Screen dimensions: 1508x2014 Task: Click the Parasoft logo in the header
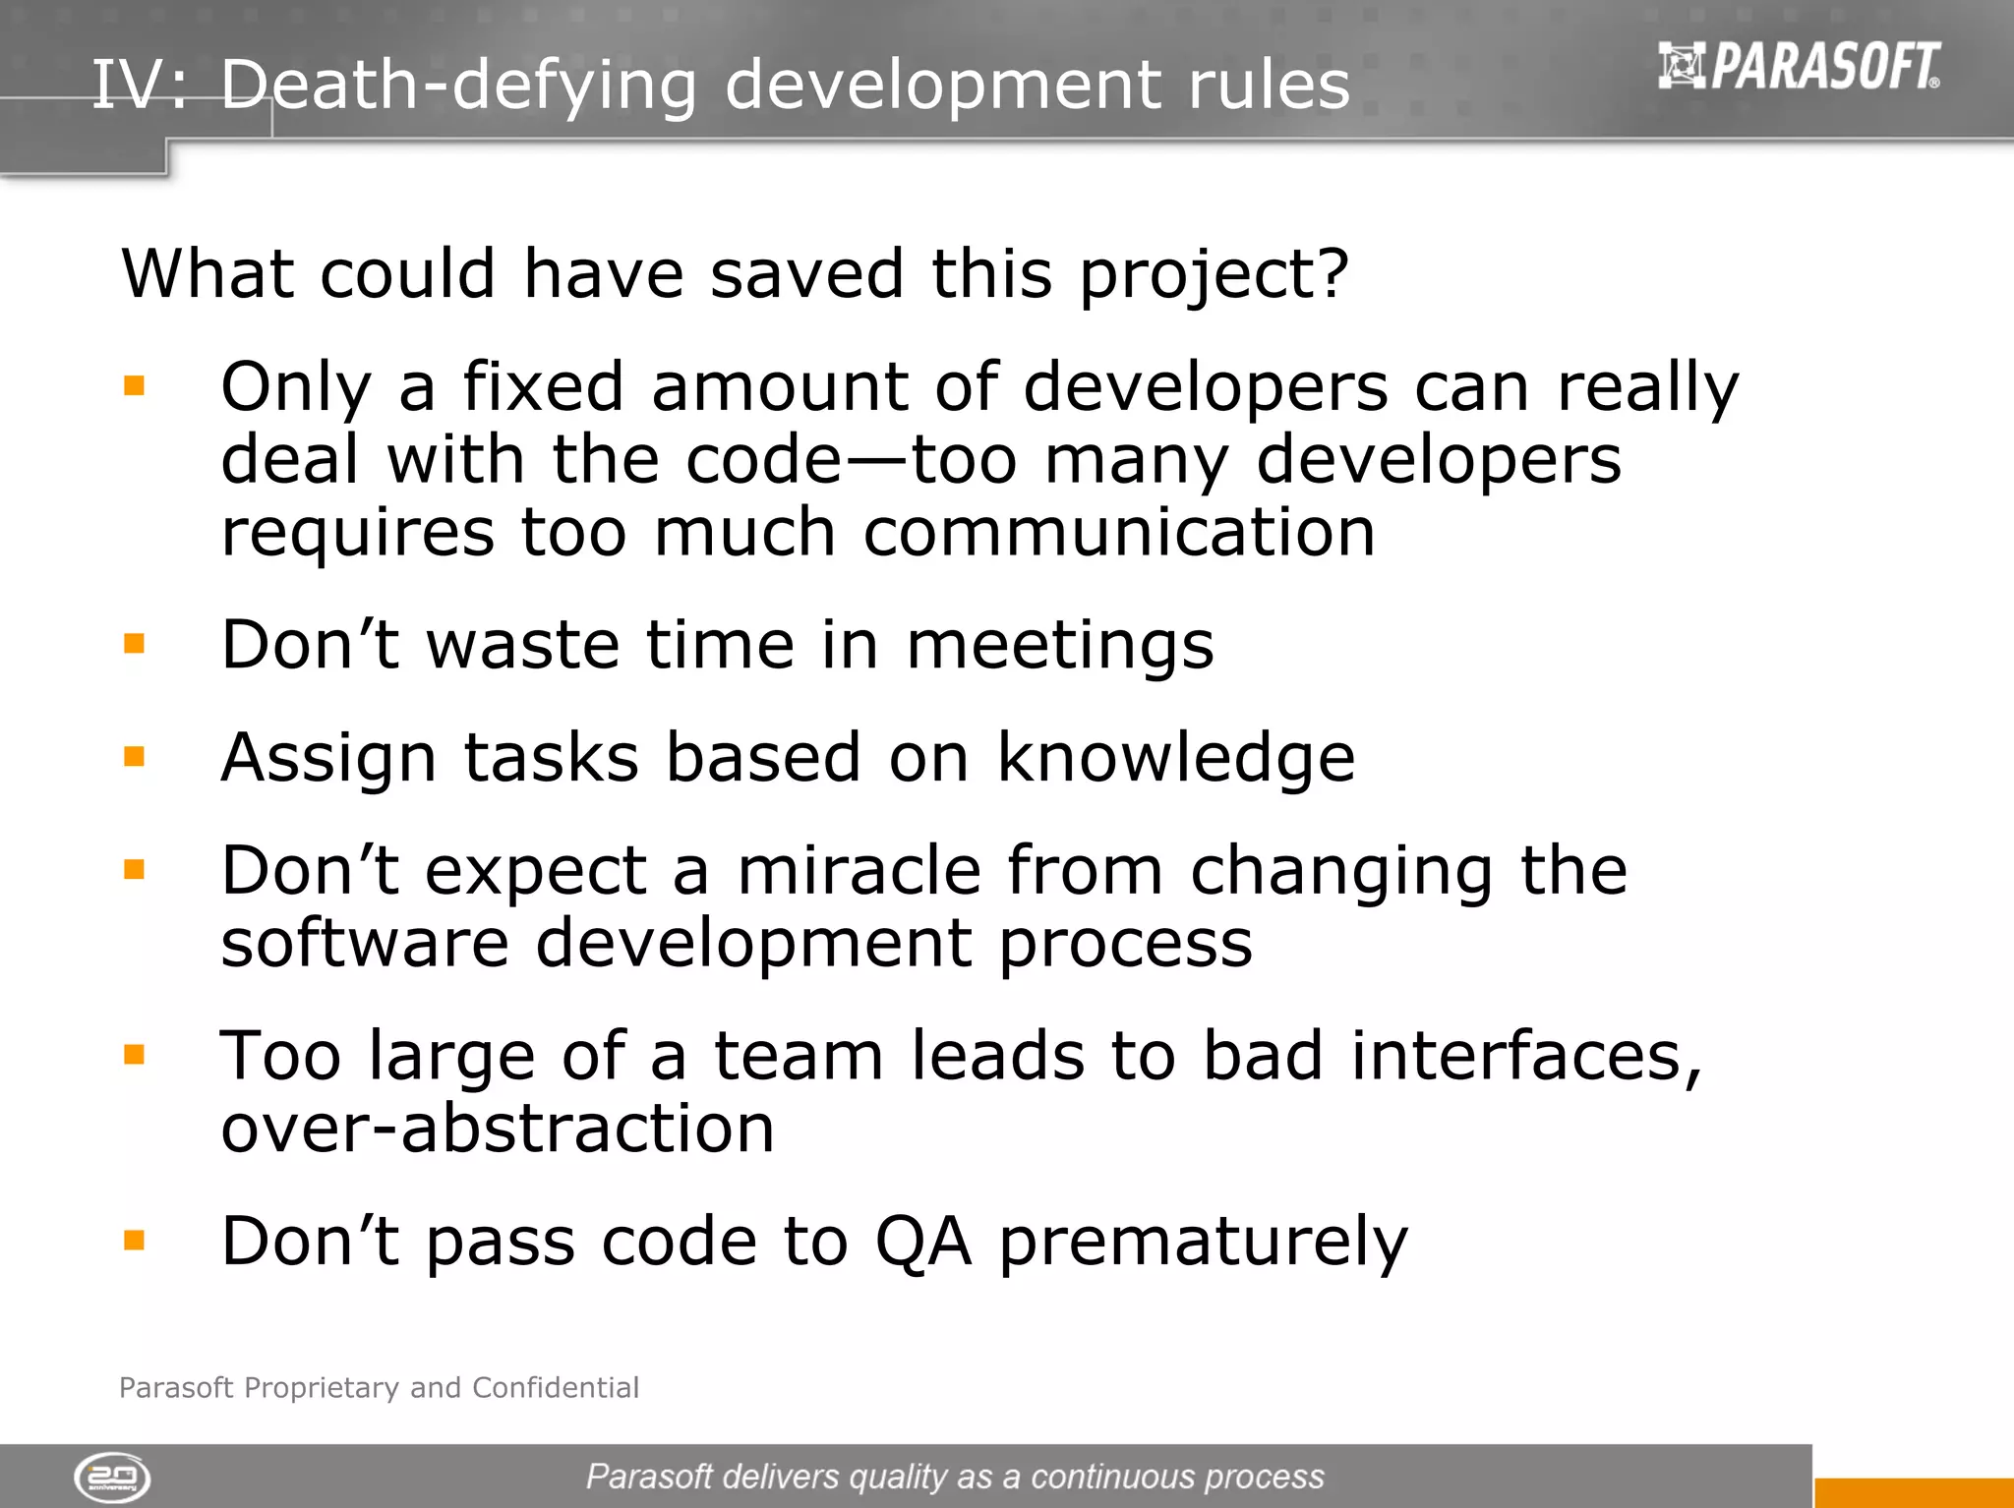pyautogui.click(x=1799, y=66)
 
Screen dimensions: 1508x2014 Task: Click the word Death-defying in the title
pyautogui.click(x=458, y=86)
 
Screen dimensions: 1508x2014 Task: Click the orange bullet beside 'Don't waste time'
pyautogui.click(x=135, y=644)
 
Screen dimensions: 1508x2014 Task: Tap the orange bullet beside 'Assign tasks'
pyautogui.click(x=135, y=756)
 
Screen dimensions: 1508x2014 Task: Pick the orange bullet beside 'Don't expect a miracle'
pyautogui.click(x=135, y=869)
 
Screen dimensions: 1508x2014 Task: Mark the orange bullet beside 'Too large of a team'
pyautogui.click(x=135, y=1055)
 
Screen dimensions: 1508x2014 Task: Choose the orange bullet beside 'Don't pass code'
pyautogui.click(x=135, y=1240)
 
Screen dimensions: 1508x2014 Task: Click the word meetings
pyautogui.click(x=1060, y=647)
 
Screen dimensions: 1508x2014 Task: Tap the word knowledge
pyautogui.click(x=1176, y=759)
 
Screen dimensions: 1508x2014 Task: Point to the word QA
pyautogui.click(x=923, y=1243)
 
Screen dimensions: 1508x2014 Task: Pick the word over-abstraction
pyautogui.click(x=498, y=1129)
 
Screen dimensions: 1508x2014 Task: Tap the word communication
pyautogui.click(x=1119, y=533)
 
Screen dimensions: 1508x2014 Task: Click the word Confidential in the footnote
pyautogui.click(x=556, y=1387)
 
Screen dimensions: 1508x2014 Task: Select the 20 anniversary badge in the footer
pyautogui.click(x=112, y=1478)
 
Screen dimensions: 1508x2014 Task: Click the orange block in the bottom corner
pyautogui.click(x=1914, y=1492)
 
